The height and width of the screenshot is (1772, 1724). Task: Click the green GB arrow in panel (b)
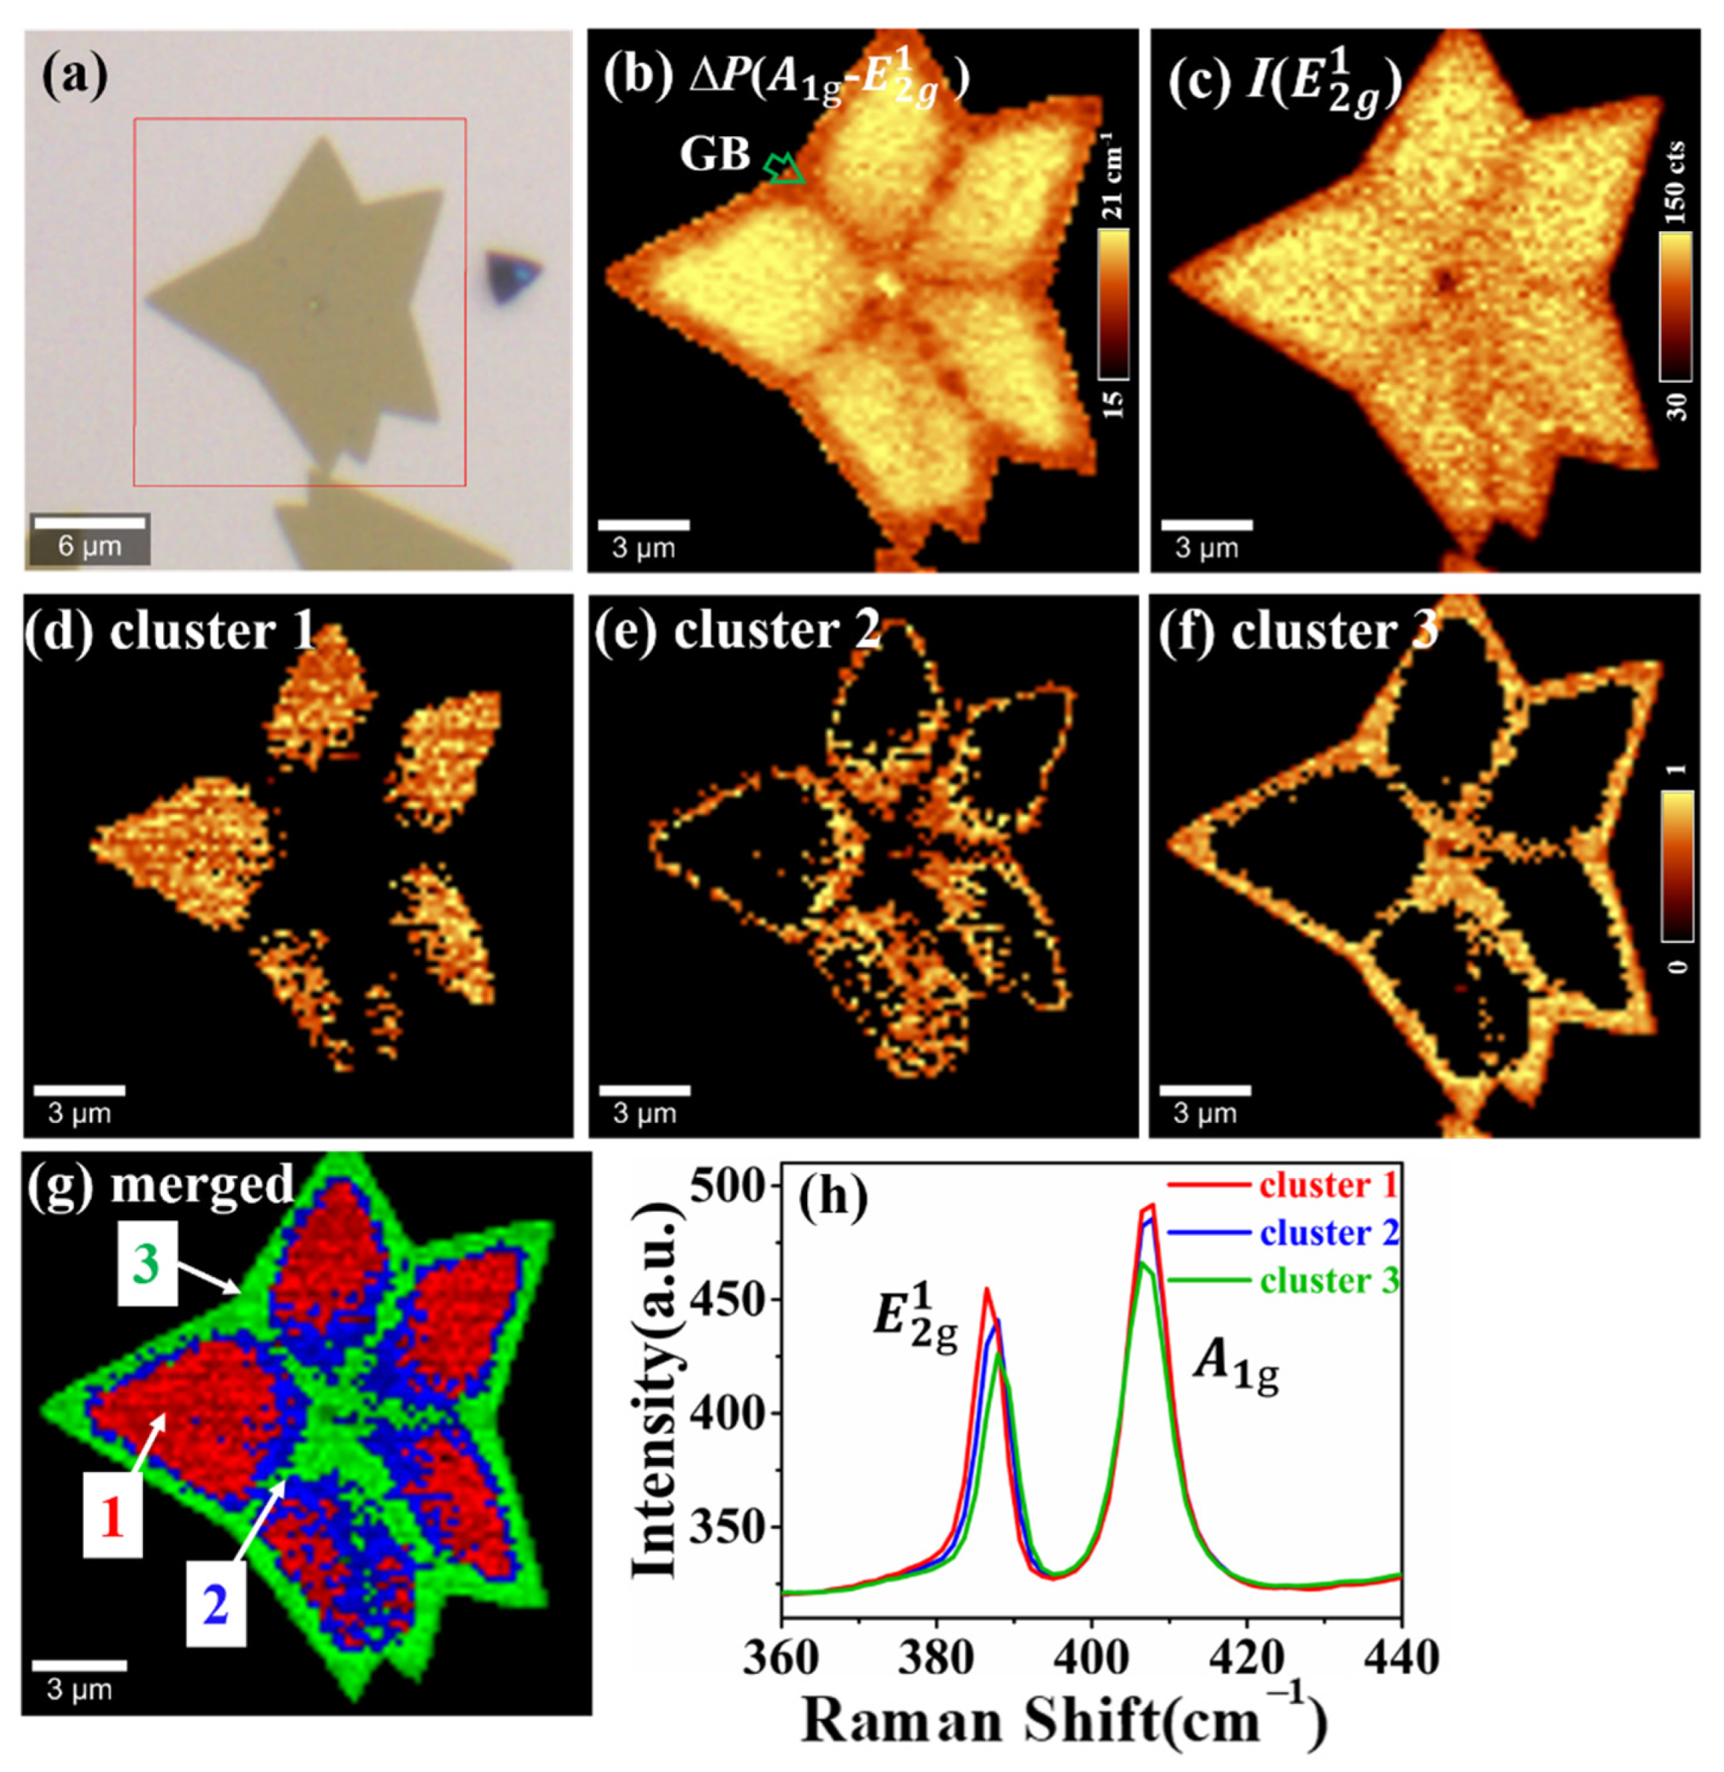(784, 168)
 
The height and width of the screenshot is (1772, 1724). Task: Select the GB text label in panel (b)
(715, 155)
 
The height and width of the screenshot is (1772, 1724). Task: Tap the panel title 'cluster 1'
(213, 630)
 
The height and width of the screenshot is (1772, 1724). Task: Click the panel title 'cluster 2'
(777, 630)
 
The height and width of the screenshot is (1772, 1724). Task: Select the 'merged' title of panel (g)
(201, 1185)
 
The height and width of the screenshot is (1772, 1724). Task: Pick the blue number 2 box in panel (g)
(216, 1605)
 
